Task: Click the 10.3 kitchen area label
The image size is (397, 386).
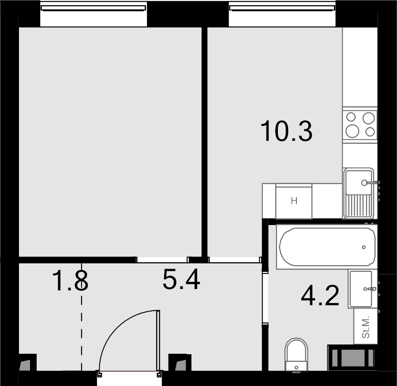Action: point(286,131)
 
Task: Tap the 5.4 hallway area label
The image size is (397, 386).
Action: point(181,279)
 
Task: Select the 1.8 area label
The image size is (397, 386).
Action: point(70,281)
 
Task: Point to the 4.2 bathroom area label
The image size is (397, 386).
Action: point(320,295)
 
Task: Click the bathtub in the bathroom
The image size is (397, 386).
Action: point(327,247)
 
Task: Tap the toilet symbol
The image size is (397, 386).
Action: point(296,355)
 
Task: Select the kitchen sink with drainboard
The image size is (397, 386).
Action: point(358,193)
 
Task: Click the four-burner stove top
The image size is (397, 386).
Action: point(360,124)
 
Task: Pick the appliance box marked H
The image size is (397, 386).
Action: point(294,201)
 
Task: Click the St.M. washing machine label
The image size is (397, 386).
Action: point(366,327)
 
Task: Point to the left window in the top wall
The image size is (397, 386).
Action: point(93,8)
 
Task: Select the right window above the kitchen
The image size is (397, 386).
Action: point(282,8)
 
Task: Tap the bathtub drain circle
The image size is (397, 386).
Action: point(364,247)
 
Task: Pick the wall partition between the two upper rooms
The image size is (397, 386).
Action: point(205,142)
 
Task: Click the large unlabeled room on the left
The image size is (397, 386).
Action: point(110,142)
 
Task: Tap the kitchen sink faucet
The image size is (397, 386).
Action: point(371,182)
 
